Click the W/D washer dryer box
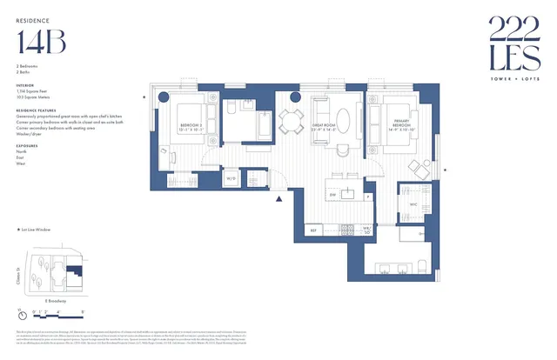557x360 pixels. [232, 179]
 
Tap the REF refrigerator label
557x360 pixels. [313, 230]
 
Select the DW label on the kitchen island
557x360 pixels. [333, 196]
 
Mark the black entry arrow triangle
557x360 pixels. [279, 199]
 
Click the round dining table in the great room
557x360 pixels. [292, 118]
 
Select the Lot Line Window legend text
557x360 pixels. [37, 230]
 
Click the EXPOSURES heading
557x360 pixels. [29, 145]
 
